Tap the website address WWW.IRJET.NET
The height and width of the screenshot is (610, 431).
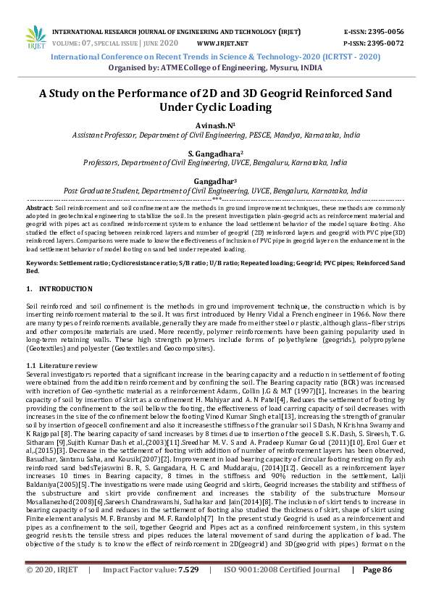point(222,43)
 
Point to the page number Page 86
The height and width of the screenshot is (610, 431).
point(377,590)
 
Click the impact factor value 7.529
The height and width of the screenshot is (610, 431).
point(188,590)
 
